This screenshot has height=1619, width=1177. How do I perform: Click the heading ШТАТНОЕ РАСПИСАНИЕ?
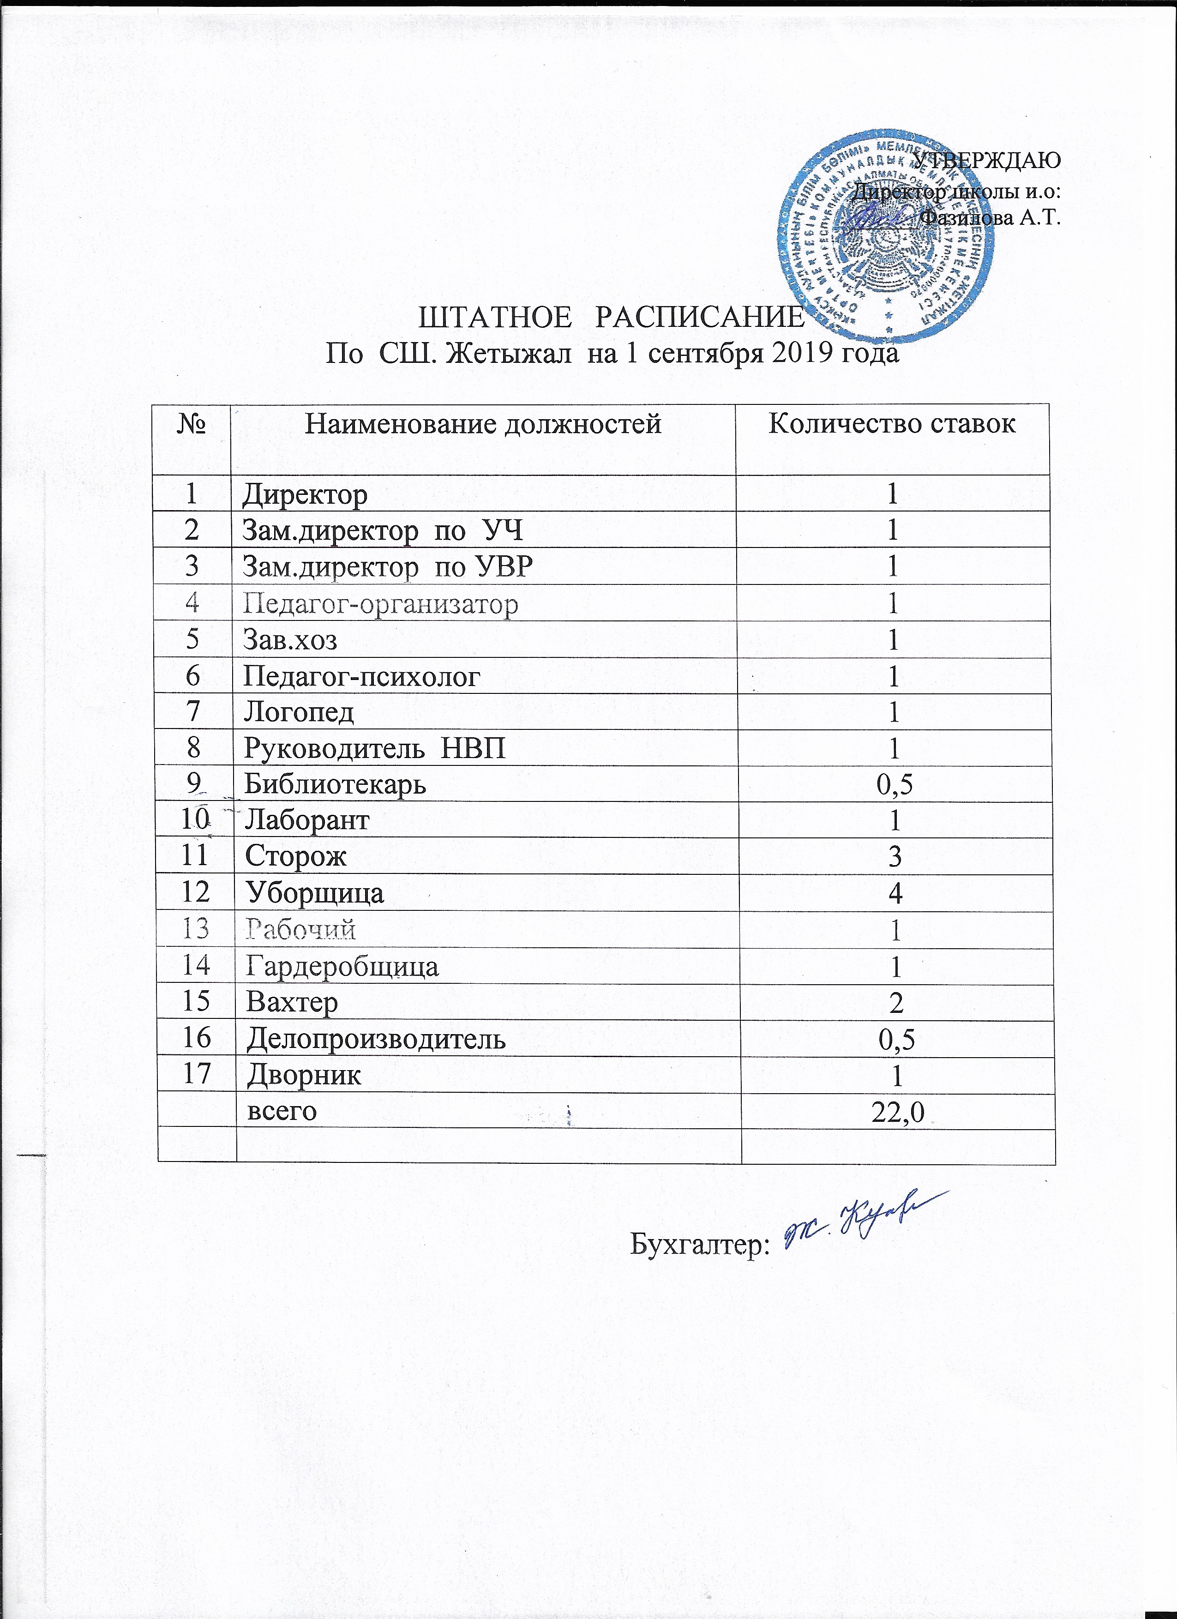[x=610, y=318]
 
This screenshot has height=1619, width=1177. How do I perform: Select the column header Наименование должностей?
[x=483, y=424]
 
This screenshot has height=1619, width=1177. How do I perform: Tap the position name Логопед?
[x=299, y=712]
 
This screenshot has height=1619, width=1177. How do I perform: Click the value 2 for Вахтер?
[x=896, y=1001]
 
